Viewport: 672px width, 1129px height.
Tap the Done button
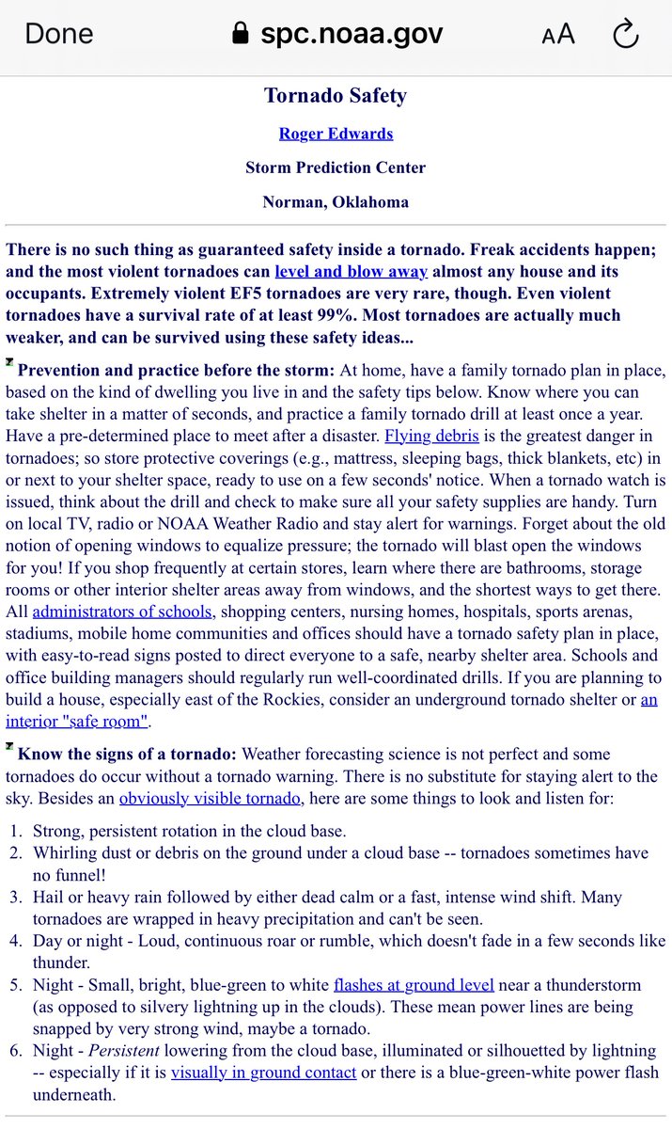(x=58, y=35)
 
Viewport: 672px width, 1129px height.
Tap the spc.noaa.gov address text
(x=350, y=35)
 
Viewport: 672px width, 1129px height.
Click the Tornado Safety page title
(x=336, y=96)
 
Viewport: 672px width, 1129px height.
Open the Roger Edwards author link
(x=336, y=134)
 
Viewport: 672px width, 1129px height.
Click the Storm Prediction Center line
(x=336, y=167)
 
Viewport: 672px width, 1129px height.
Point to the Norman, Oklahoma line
(x=336, y=201)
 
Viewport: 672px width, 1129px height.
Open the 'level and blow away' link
(x=351, y=272)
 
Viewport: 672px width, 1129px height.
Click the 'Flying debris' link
(x=431, y=437)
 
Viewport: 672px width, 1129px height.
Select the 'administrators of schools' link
(x=121, y=611)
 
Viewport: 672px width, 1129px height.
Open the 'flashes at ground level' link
(x=414, y=985)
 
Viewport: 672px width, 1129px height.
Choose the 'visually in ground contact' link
(x=263, y=1072)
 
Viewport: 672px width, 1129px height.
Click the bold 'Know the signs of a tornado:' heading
(x=128, y=754)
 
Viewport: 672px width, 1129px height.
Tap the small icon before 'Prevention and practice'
(x=9, y=363)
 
